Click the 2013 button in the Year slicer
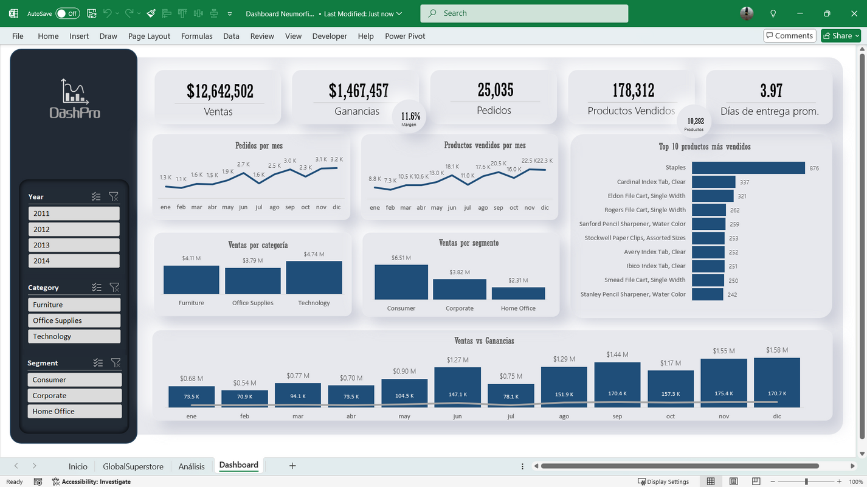(74, 245)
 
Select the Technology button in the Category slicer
(74, 336)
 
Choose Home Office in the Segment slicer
(74, 411)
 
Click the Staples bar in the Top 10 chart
(748, 168)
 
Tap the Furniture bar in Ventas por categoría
(191, 280)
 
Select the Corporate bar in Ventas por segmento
(459, 289)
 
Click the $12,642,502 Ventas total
(219, 91)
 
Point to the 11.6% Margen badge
(409, 117)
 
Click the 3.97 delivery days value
(771, 91)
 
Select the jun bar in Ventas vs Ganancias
(457, 387)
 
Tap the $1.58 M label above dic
(776, 350)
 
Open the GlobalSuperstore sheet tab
(133, 466)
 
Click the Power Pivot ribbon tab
(405, 36)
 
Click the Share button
(841, 36)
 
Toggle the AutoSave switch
(67, 13)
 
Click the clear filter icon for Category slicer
(114, 287)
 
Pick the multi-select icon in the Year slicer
(96, 196)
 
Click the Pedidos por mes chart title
(258, 146)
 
